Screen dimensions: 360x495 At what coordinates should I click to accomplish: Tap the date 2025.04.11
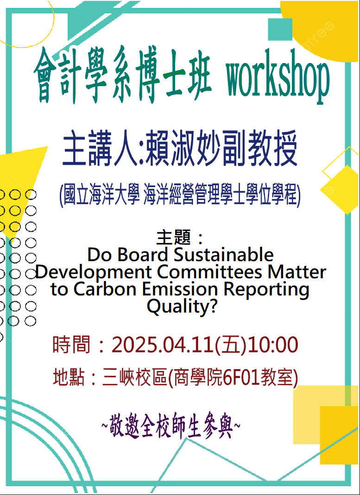tap(163, 345)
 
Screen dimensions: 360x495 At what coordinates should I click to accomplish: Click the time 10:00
tap(272, 345)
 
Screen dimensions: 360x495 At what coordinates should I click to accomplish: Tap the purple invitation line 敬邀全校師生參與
tap(171, 428)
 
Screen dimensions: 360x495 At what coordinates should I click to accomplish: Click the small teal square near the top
tap(280, 29)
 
